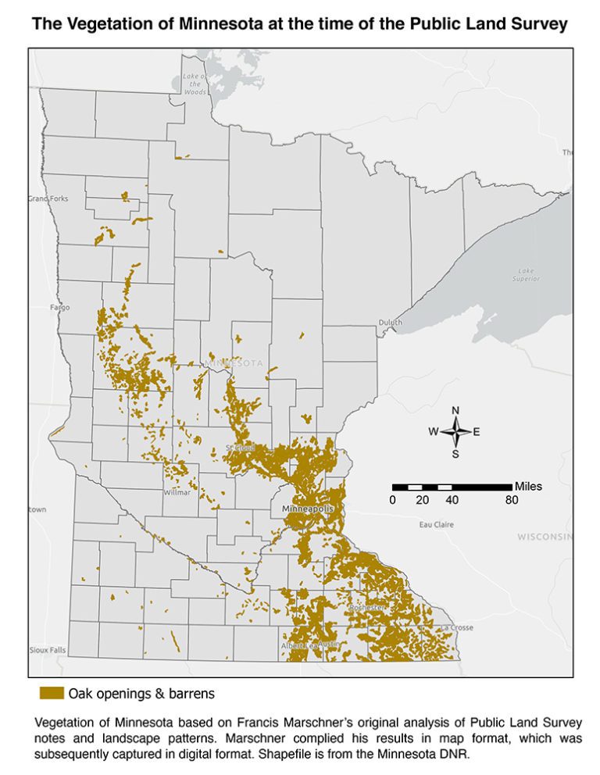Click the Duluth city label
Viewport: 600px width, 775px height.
point(390,322)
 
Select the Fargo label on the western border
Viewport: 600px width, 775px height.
point(59,307)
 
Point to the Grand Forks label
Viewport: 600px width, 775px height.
point(48,198)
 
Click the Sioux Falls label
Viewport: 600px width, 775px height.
point(48,649)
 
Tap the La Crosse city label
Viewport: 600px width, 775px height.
point(457,627)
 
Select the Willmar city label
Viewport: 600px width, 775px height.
point(177,492)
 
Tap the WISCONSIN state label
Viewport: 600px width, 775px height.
point(545,537)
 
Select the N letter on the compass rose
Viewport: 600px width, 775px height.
point(455,411)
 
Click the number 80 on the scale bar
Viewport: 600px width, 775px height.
point(512,500)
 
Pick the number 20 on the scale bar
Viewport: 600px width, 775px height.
point(422,500)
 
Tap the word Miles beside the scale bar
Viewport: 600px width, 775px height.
point(528,486)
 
